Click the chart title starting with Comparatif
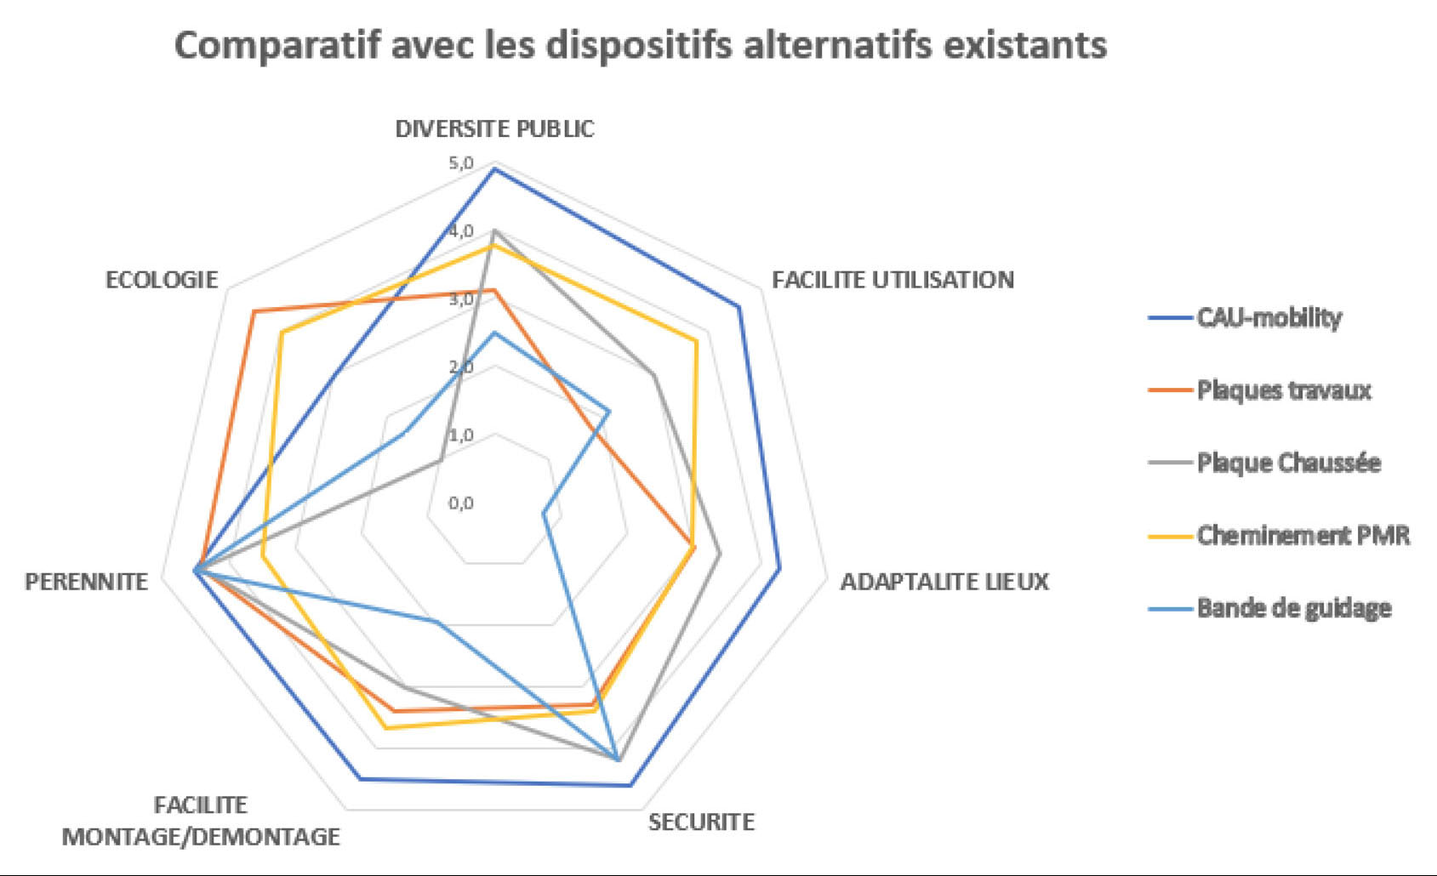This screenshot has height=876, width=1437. [x=640, y=45]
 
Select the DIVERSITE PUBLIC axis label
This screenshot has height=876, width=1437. [x=494, y=129]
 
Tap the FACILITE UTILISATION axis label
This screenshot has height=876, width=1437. [x=892, y=280]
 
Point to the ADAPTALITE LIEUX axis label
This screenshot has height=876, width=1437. [x=944, y=582]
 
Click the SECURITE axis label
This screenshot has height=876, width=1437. [x=701, y=822]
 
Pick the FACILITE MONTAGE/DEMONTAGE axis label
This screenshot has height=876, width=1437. [x=201, y=822]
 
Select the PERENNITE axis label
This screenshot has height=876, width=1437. [x=86, y=582]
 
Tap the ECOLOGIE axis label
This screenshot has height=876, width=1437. [x=161, y=280]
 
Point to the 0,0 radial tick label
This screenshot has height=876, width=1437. [x=461, y=503]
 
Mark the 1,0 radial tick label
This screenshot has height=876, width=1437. [x=461, y=435]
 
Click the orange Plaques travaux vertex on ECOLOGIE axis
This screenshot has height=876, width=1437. [x=254, y=311]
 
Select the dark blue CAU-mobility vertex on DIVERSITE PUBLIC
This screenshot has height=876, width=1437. [x=494, y=170]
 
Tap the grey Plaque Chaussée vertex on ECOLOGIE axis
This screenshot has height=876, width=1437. [x=441, y=459]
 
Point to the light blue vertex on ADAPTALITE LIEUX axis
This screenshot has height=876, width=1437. [x=543, y=513]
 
